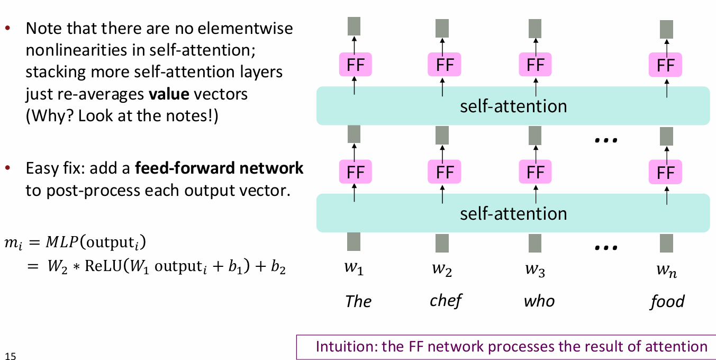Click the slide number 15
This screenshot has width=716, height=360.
click(11, 355)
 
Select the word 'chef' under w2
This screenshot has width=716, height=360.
click(445, 301)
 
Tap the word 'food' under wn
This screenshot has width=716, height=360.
click(667, 301)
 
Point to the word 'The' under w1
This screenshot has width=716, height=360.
click(358, 301)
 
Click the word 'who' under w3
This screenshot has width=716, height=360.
click(539, 301)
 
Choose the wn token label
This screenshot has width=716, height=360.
click(667, 271)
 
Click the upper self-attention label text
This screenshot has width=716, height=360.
click(513, 106)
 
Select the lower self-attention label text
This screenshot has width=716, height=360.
click(513, 213)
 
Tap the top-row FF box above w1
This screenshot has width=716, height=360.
click(355, 66)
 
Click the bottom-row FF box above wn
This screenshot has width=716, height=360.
click(665, 173)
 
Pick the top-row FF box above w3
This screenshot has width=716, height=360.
click(535, 66)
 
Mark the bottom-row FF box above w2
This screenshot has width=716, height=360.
click(444, 173)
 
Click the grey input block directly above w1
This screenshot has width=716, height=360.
click(354, 242)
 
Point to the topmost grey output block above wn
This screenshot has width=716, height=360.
click(666, 28)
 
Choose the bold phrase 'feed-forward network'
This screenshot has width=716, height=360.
click(219, 169)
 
